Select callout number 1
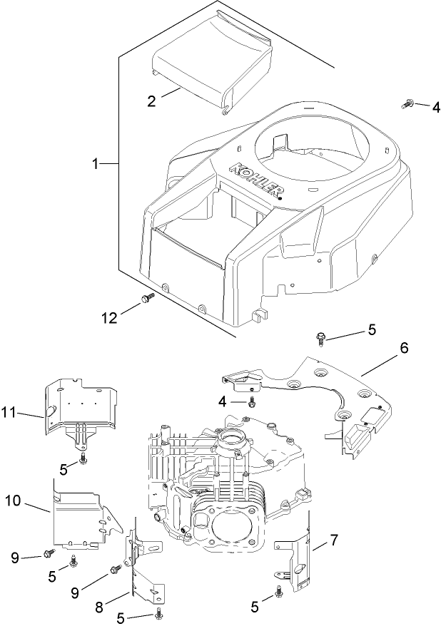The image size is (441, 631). [95, 163]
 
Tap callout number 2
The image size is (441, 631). [151, 101]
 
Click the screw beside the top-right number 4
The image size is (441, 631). [407, 106]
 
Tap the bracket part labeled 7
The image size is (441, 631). [298, 557]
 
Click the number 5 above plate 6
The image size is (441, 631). [371, 330]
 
